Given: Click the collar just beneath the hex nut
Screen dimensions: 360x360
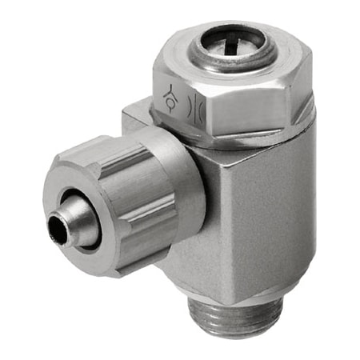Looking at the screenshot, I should pos(240,144).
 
